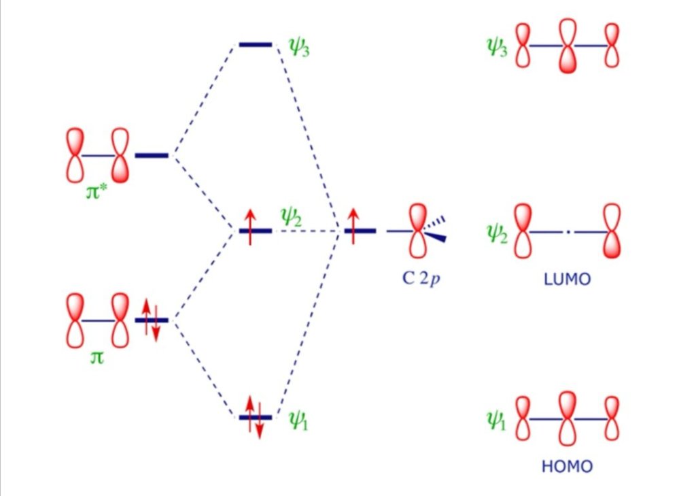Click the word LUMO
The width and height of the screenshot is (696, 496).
pos(567,279)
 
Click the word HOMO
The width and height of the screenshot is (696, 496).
pos(567,466)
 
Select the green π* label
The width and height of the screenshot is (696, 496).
pos(97,192)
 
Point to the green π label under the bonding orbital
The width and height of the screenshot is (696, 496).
pos(97,357)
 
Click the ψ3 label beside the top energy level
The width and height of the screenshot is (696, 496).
pos(299,47)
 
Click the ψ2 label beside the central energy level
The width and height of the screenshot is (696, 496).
pos(292,218)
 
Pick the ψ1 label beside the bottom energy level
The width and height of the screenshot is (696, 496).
pos(298,420)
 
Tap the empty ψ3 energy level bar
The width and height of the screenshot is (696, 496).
pos(256,44)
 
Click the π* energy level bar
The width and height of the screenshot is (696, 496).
pos(152,156)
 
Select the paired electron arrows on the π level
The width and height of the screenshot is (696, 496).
pos(151,320)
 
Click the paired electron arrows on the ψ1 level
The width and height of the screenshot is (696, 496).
pos(255,417)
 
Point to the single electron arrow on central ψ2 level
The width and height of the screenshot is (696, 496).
pos(250,227)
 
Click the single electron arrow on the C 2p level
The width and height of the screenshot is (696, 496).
pos(353,226)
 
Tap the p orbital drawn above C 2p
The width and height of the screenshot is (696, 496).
pos(418,231)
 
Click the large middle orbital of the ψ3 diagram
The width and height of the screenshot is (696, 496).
pos(568,46)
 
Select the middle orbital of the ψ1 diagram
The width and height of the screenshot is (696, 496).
pos(568,418)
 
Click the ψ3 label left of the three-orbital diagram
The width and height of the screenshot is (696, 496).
pos(497,47)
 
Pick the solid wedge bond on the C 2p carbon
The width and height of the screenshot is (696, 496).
pos(435,237)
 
